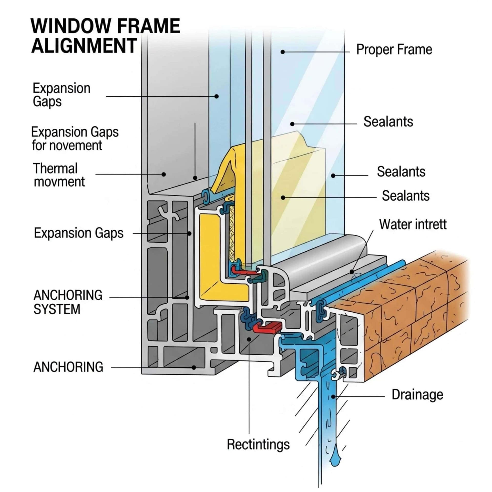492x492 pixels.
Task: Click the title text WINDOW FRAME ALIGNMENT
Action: (105, 36)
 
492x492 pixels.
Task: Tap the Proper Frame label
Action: (394, 50)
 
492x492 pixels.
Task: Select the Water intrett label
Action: (413, 224)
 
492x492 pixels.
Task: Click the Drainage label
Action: (417, 395)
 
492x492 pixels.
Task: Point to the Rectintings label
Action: (258, 445)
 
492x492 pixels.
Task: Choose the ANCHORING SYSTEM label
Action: (68, 302)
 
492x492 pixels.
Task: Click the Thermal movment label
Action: (59, 175)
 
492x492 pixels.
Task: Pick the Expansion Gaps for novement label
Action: (75, 139)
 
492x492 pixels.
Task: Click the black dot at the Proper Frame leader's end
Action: (282, 52)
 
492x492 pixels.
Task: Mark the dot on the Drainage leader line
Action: (333, 397)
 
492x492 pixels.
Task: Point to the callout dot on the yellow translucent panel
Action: (283, 198)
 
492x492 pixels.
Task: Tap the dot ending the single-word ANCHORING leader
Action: (194, 367)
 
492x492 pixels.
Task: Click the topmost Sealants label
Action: (388, 122)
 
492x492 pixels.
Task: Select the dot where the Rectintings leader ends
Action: (249, 339)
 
